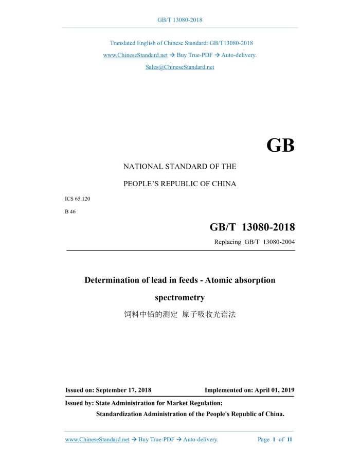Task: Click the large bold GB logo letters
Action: click(280, 146)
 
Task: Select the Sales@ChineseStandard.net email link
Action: click(179, 67)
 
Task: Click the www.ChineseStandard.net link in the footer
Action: click(97, 440)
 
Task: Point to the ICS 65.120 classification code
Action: click(78, 198)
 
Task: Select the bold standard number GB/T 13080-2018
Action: click(252, 227)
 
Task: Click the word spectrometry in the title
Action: click(180, 297)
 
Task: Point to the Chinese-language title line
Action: click(180, 314)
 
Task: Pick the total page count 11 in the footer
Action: click(290, 440)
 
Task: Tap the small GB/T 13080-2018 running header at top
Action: click(179, 20)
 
